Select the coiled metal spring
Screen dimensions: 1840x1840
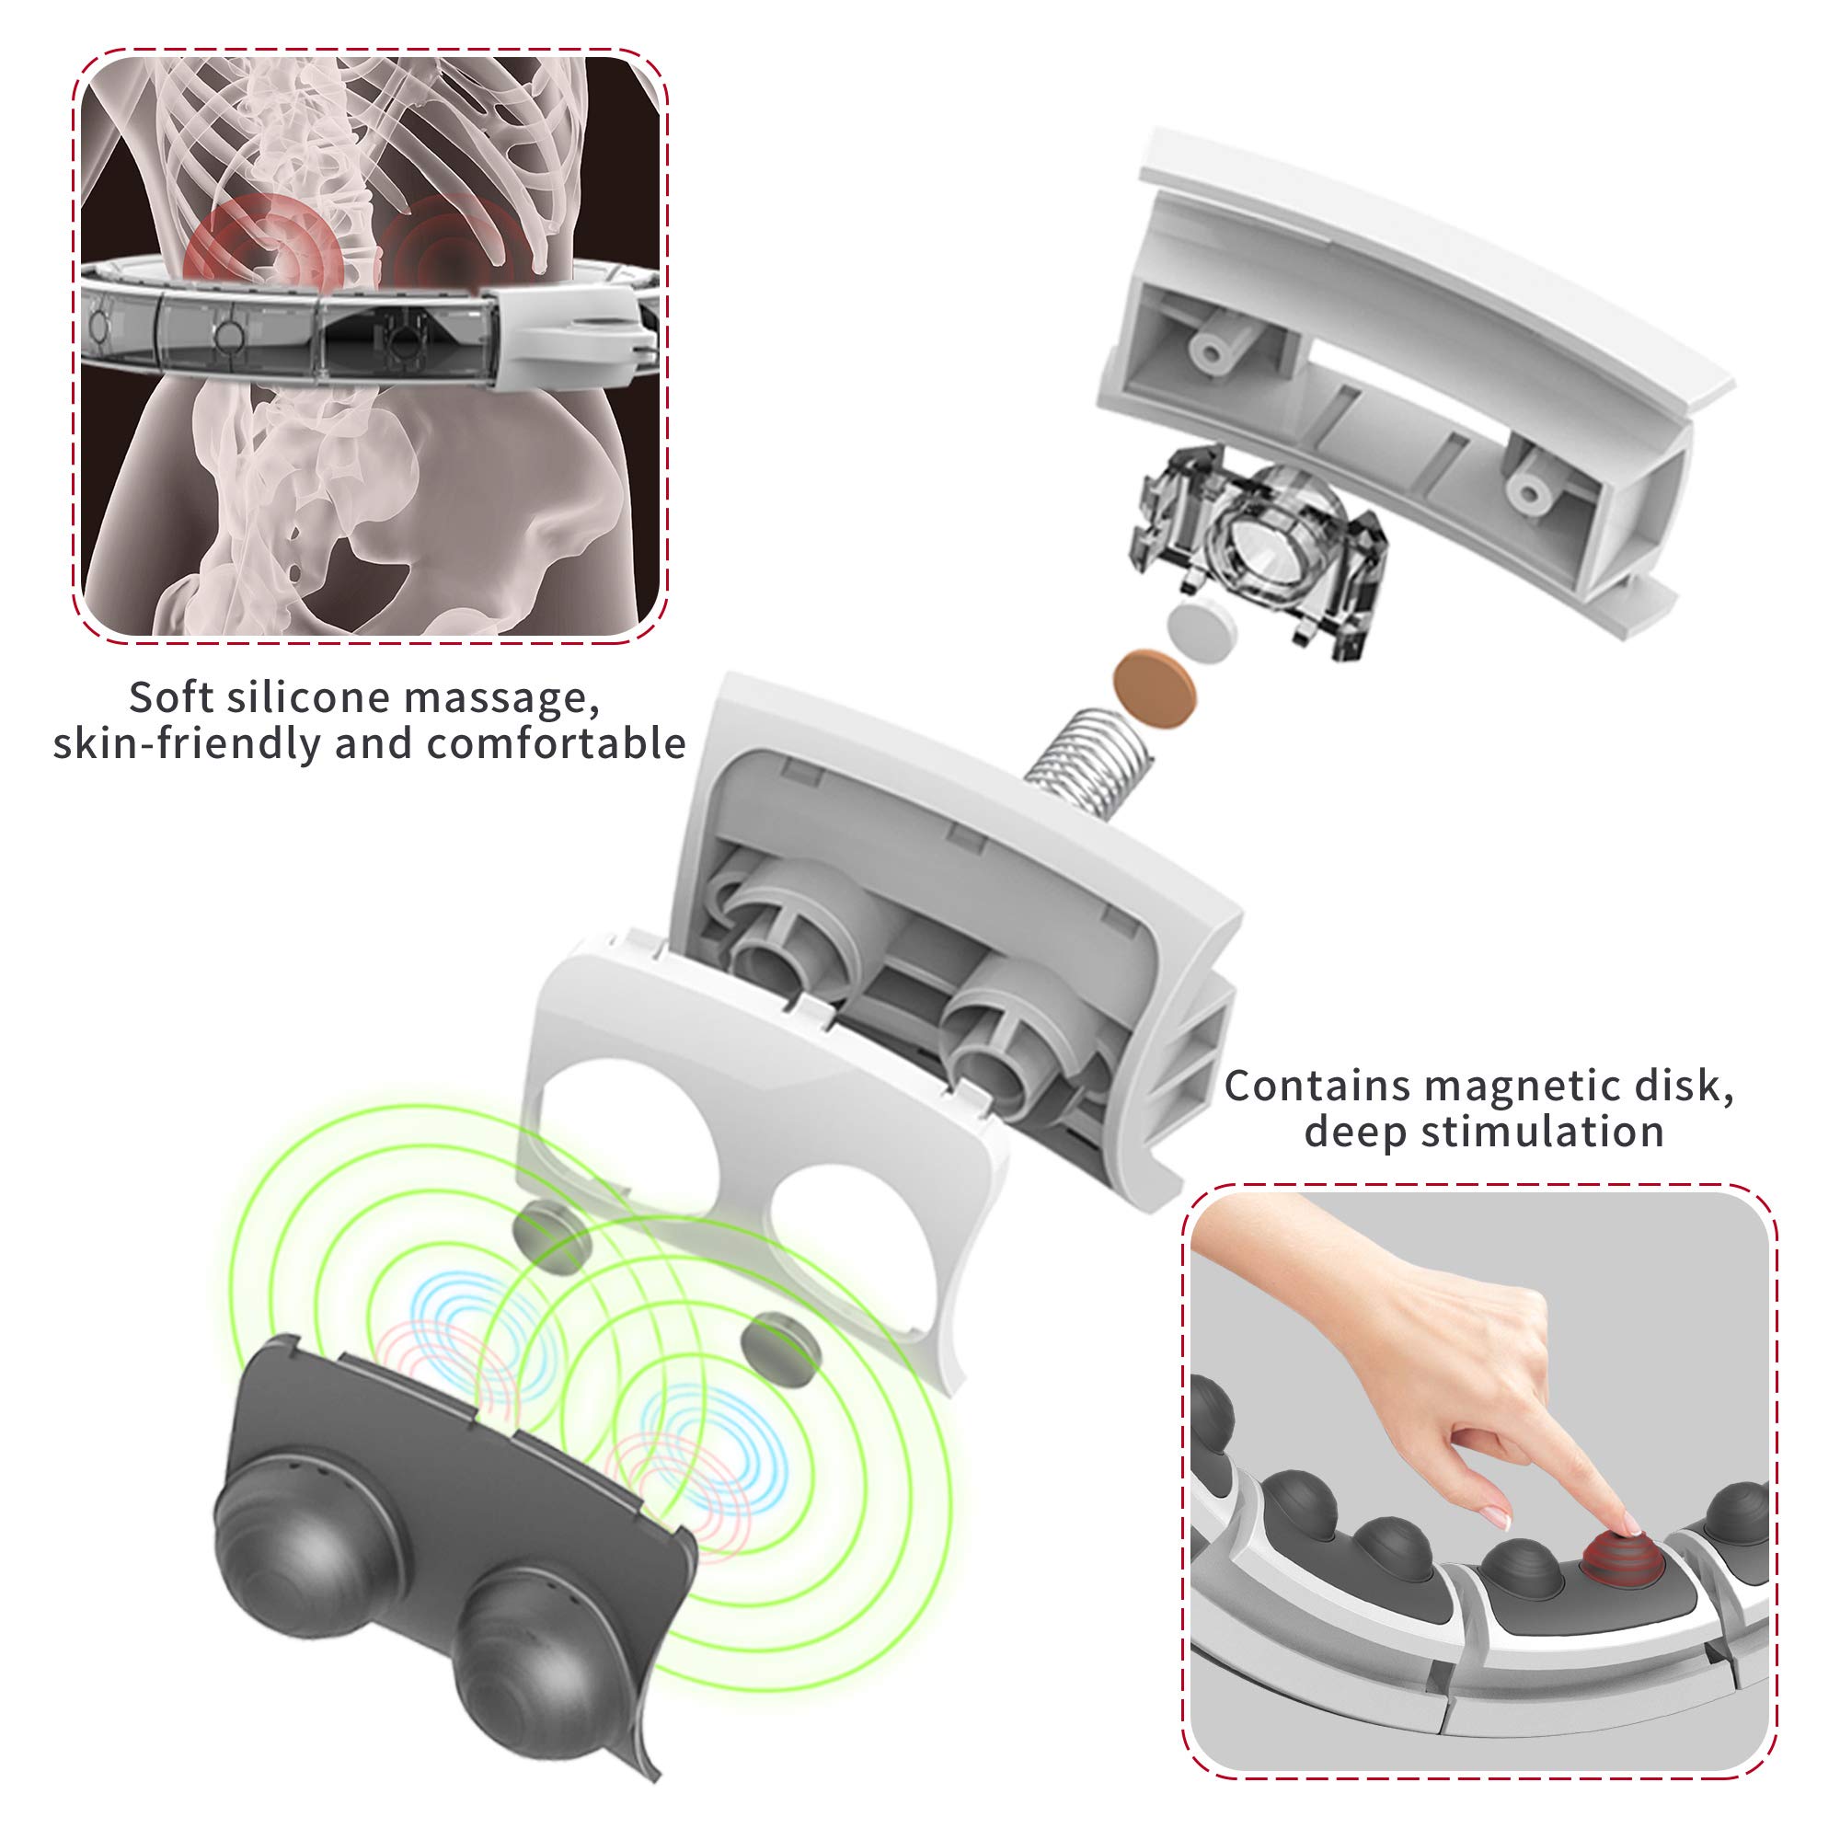(1088, 753)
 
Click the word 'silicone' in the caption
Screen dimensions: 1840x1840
(306, 697)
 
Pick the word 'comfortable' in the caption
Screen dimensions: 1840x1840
(557, 743)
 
